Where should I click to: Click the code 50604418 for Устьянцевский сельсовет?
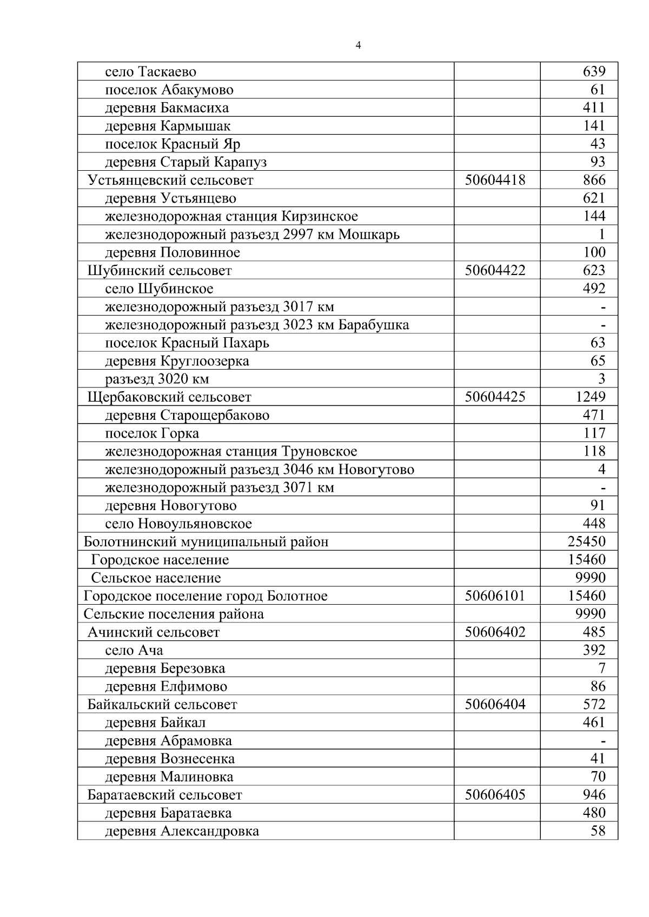495,180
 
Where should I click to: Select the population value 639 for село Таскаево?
593,71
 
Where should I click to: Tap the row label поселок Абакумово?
169,90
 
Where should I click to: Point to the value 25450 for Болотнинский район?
586,541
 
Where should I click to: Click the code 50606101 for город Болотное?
495,596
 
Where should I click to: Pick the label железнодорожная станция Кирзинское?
231,216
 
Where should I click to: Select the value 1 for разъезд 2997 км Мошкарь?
601,235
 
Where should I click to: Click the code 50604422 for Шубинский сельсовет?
495,270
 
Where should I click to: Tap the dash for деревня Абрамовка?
602,741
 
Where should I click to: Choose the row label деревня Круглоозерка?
177,361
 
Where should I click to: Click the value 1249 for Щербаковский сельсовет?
590,397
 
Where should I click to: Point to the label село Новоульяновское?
178,524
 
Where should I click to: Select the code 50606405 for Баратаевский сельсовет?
495,795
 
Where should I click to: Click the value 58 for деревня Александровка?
598,831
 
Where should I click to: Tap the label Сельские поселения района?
174,614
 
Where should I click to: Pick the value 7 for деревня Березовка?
601,668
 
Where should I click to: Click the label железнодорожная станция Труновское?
231,451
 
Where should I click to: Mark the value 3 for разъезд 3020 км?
601,379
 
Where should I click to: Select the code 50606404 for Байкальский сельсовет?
495,705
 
